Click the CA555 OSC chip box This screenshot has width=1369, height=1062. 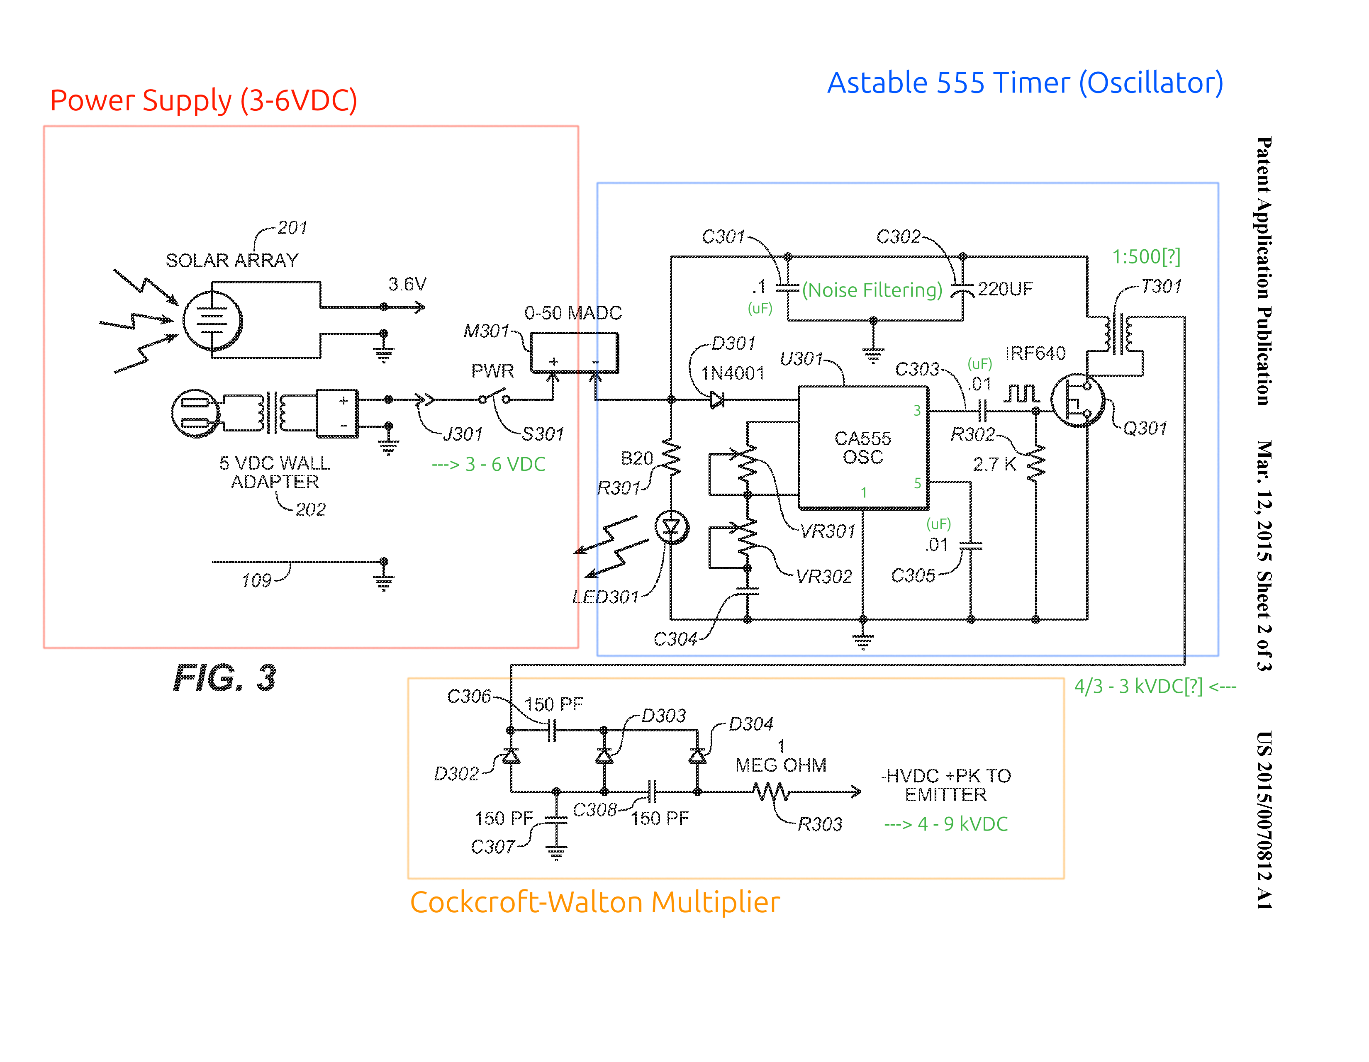point(863,448)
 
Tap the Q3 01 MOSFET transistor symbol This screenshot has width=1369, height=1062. point(1077,401)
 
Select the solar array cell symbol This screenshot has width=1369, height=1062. point(212,321)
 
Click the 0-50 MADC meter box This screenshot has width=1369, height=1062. point(574,353)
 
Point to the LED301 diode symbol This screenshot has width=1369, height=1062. point(671,527)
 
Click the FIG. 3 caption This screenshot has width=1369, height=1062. point(224,678)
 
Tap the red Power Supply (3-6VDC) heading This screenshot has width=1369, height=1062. point(204,100)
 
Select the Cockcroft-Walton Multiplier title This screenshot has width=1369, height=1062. point(595,902)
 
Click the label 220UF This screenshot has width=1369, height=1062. point(1005,289)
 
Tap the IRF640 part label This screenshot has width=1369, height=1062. point(1035,353)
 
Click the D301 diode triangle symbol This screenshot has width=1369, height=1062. point(718,399)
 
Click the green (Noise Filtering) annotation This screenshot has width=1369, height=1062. point(872,290)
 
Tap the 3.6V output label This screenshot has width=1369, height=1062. point(407,284)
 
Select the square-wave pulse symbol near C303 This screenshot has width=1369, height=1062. point(1022,394)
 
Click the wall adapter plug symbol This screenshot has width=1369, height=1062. point(195,413)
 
